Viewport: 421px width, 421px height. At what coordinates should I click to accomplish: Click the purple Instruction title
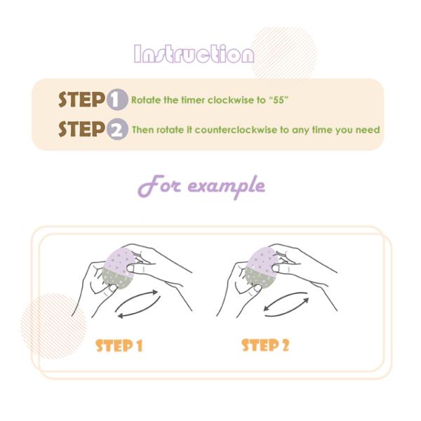point(194,54)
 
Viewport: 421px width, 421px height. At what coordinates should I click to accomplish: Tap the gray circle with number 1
point(117,100)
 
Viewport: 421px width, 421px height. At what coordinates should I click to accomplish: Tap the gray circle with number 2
point(117,129)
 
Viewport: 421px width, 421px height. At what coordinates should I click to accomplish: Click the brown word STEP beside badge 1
point(81,100)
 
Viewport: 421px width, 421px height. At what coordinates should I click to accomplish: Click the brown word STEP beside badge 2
point(81,129)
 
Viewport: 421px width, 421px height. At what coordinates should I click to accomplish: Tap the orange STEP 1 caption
point(119,345)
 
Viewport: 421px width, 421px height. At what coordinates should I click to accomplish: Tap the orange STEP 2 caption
point(265,345)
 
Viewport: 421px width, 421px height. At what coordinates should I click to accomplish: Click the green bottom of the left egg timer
point(117,279)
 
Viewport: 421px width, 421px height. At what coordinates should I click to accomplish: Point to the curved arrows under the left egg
point(137,305)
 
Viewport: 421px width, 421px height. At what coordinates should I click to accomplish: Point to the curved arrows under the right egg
point(286,305)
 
